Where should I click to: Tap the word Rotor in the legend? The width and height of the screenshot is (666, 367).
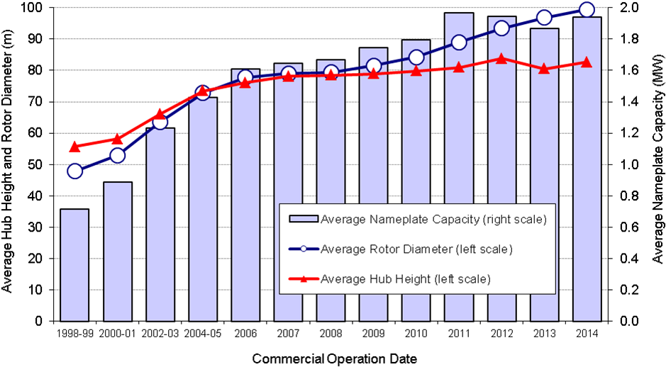tap(384, 249)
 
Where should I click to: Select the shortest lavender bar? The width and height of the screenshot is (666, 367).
tap(74, 265)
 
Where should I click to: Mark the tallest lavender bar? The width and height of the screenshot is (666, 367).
tap(459, 167)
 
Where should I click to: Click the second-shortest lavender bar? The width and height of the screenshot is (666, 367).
tap(118, 252)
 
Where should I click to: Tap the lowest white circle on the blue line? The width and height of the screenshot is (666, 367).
tap(74, 171)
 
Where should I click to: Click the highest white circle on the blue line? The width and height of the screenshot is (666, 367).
tap(587, 9)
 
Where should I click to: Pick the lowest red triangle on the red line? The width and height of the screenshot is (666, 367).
tap(74, 147)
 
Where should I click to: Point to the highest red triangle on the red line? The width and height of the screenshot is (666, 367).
tap(501, 59)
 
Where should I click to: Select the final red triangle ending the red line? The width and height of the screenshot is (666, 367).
tap(587, 62)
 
